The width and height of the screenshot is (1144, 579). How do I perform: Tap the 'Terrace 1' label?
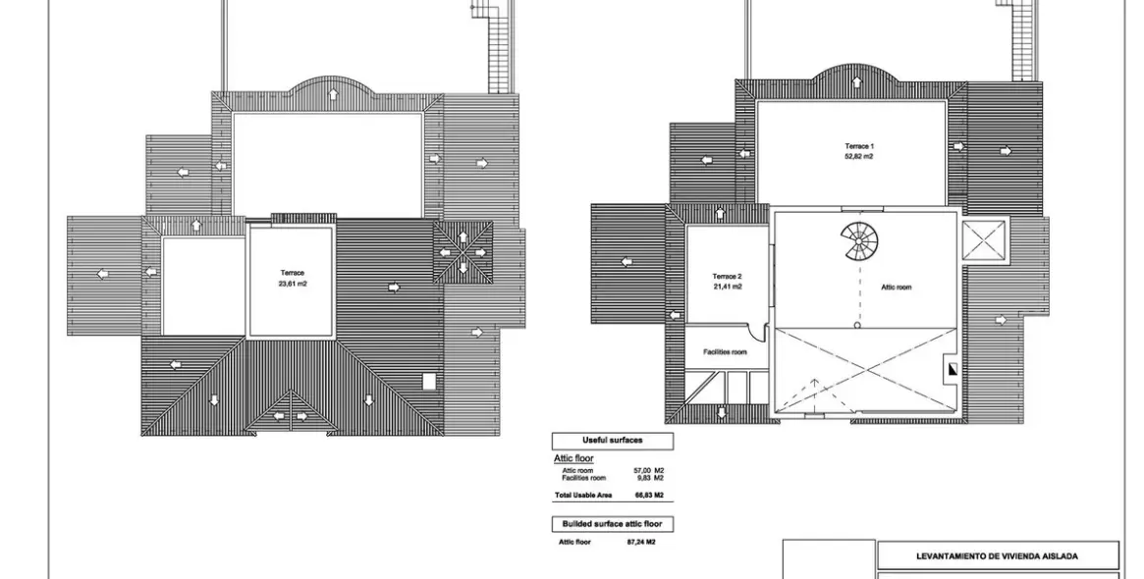point(859,146)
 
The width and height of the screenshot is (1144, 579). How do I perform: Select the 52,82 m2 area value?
point(859,156)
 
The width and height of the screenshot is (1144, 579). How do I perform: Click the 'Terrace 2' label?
point(727,277)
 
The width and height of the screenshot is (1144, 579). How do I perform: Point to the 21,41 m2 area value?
point(727,287)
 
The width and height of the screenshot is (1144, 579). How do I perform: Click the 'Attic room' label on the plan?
point(896,288)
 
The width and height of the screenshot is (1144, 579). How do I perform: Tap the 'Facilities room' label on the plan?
point(725,351)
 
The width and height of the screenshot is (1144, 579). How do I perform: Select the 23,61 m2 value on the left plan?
point(293,283)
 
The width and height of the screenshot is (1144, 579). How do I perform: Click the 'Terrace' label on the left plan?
point(293,273)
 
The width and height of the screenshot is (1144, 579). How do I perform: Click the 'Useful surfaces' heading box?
point(613,441)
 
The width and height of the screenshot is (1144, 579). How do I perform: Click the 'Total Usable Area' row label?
point(583,496)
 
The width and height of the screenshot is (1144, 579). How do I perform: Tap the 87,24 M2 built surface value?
point(639,542)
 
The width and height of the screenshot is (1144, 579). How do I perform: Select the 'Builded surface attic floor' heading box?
point(613,524)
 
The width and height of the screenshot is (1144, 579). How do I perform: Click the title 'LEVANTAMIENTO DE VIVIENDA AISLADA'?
point(997,556)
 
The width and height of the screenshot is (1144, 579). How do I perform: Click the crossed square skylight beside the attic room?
point(984,240)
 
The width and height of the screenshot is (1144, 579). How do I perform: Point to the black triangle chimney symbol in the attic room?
point(951,370)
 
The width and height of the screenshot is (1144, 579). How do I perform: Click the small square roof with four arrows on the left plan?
point(463,250)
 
